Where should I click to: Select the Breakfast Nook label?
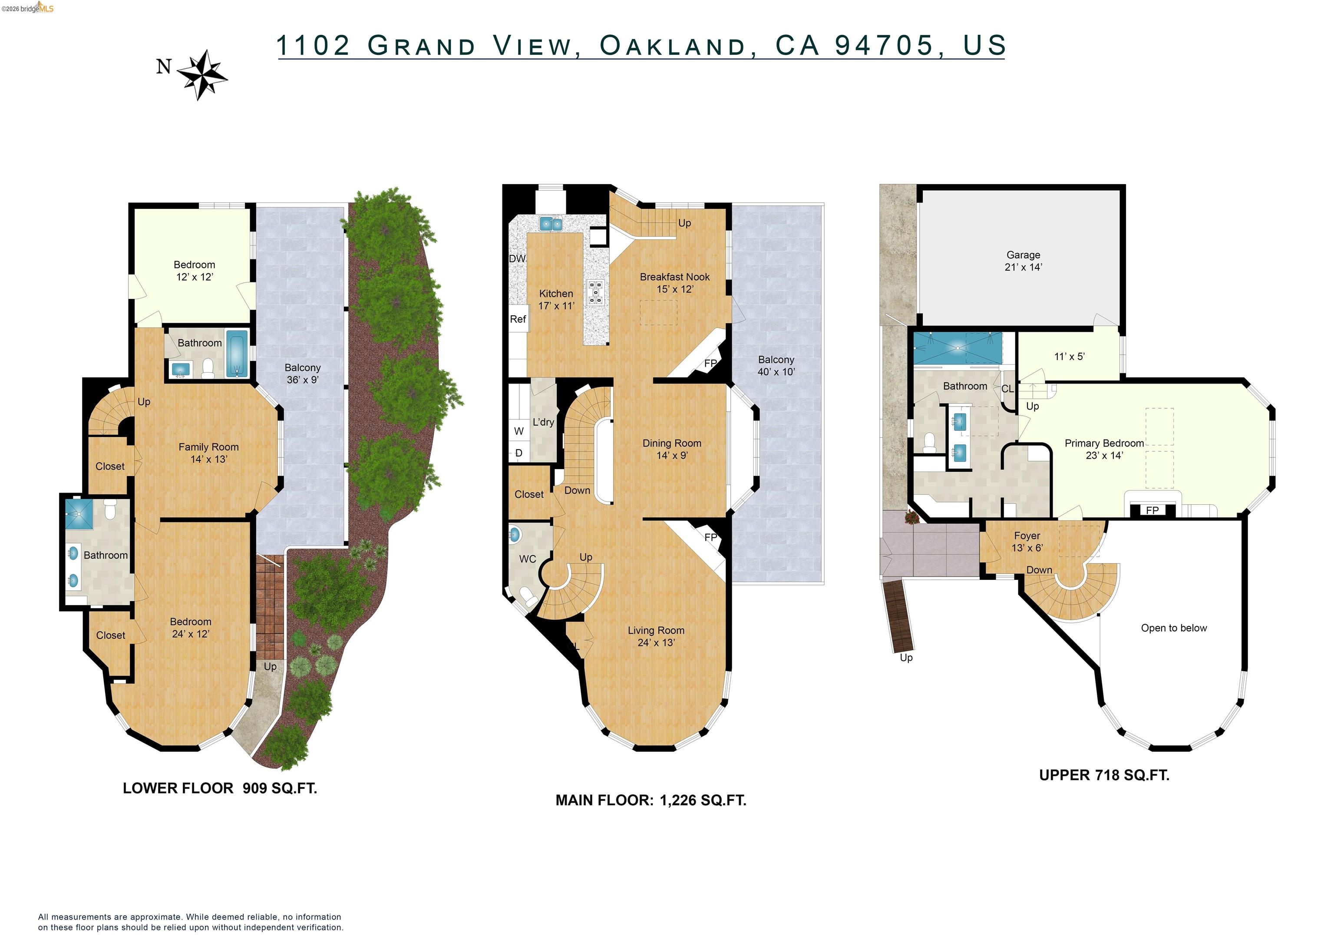point(674,277)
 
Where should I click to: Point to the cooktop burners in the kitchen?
point(595,292)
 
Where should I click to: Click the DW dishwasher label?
point(517,258)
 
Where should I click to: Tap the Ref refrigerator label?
point(518,319)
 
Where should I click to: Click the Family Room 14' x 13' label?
point(208,453)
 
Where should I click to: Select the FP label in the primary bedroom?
point(1152,510)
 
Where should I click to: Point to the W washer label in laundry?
point(519,431)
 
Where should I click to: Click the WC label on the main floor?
point(527,559)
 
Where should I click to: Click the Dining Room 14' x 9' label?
point(672,449)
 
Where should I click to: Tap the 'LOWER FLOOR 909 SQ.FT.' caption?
point(220,788)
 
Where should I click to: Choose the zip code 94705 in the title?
point(884,45)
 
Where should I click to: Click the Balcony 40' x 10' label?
point(776,365)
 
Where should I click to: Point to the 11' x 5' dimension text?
point(1069,357)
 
